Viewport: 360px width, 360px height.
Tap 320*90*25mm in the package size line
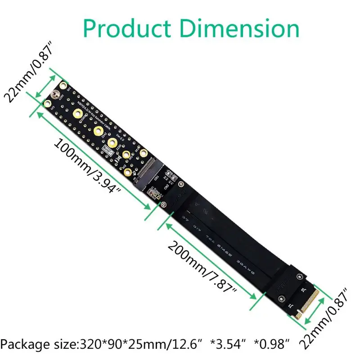click(120, 345)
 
